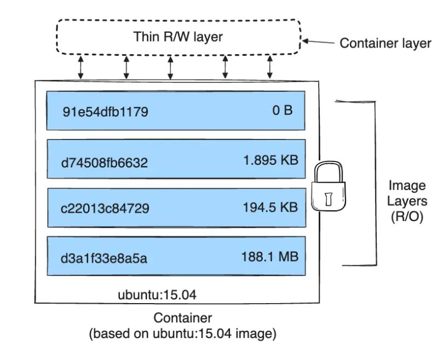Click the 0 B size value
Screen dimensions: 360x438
pos(283,111)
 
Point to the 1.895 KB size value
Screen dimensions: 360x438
pos(270,160)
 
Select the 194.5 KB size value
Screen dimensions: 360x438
pos(270,207)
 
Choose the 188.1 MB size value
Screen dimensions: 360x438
pos(270,256)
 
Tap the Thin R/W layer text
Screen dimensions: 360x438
pos(178,37)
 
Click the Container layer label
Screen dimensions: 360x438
pos(385,43)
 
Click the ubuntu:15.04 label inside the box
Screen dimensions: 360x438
pos(157,295)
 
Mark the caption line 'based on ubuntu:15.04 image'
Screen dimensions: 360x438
pos(183,333)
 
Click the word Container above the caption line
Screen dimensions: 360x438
pos(182,318)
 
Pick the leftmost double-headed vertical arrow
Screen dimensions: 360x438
pos(81,67)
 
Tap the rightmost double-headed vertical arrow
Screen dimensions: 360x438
pos(270,67)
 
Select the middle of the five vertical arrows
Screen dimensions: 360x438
pos(170,67)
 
